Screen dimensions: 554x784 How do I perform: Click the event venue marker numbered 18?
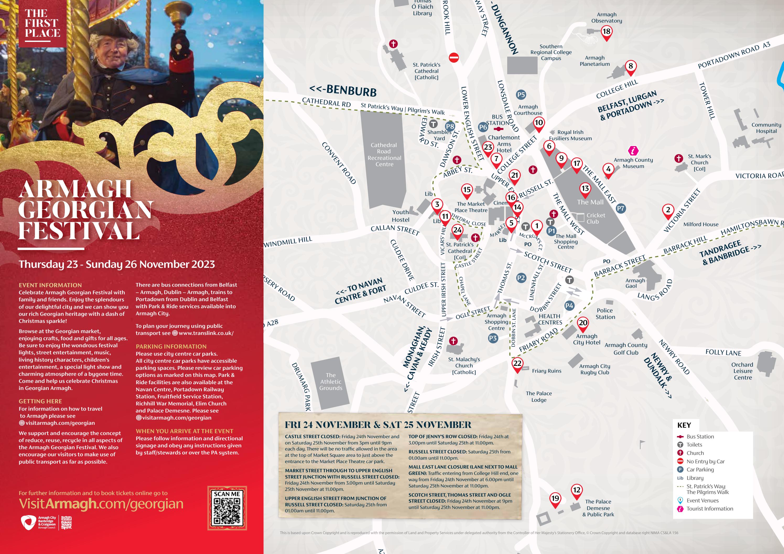click(606, 32)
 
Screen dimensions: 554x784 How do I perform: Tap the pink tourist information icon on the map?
click(633, 150)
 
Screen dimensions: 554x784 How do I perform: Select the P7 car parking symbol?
click(620, 208)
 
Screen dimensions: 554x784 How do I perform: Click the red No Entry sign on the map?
click(453, 57)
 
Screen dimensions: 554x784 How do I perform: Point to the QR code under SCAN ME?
click(227, 511)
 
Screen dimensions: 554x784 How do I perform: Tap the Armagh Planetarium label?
click(594, 61)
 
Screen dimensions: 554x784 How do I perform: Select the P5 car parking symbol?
click(521, 95)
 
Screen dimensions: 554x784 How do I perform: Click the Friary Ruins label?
click(546, 371)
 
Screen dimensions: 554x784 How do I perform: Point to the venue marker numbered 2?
click(668, 210)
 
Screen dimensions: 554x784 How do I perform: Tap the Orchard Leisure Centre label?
click(743, 371)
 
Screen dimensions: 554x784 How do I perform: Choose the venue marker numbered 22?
click(517, 363)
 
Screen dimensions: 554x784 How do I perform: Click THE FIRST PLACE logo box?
click(42, 23)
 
